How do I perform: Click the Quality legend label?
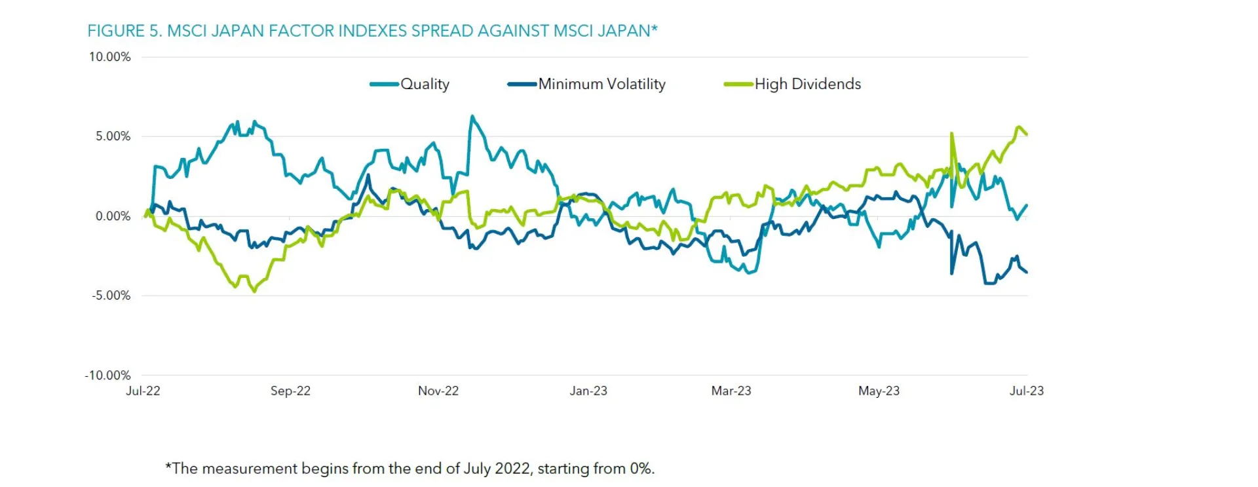click(425, 84)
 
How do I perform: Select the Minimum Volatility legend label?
click(601, 84)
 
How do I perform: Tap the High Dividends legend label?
click(807, 84)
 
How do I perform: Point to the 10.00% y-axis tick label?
click(110, 57)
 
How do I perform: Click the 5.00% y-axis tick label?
click(113, 136)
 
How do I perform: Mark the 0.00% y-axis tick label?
click(113, 216)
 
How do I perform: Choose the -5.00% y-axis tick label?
click(111, 296)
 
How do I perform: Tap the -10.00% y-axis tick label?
click(108, 376)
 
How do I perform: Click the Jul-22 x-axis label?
click(143, 391)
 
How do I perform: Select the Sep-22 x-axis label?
click(290, 391)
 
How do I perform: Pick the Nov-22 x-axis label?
click(438, 391)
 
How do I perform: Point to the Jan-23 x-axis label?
click(588, 391)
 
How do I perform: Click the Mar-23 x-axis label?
click(731, 391)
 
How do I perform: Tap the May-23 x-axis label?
click(879, 391)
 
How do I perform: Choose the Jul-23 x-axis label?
click(1026, 391)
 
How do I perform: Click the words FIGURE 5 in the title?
click(124, 31)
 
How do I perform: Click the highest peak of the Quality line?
click(472, 117)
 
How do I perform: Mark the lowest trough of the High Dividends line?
click(254, 291)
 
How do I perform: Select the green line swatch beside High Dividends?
click(738, 84)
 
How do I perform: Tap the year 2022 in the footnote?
click(512, 469)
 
